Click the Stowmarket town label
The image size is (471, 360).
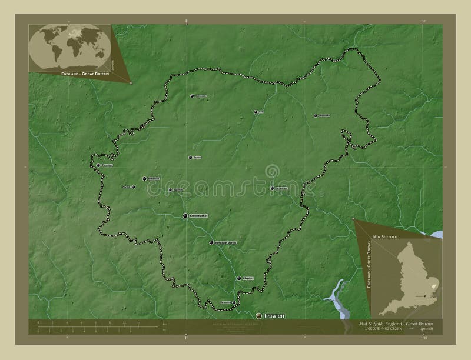pos(199,216)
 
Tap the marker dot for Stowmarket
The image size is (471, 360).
pos(185,216)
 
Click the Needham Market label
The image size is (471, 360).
pos(225,242)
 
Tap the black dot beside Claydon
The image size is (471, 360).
pos(238,278)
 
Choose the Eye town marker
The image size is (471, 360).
pos(256,111)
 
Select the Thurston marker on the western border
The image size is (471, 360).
pos(98,165)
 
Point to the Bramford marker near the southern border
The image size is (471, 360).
pos(234,303)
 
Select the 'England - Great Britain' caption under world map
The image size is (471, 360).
pos(81,74)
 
